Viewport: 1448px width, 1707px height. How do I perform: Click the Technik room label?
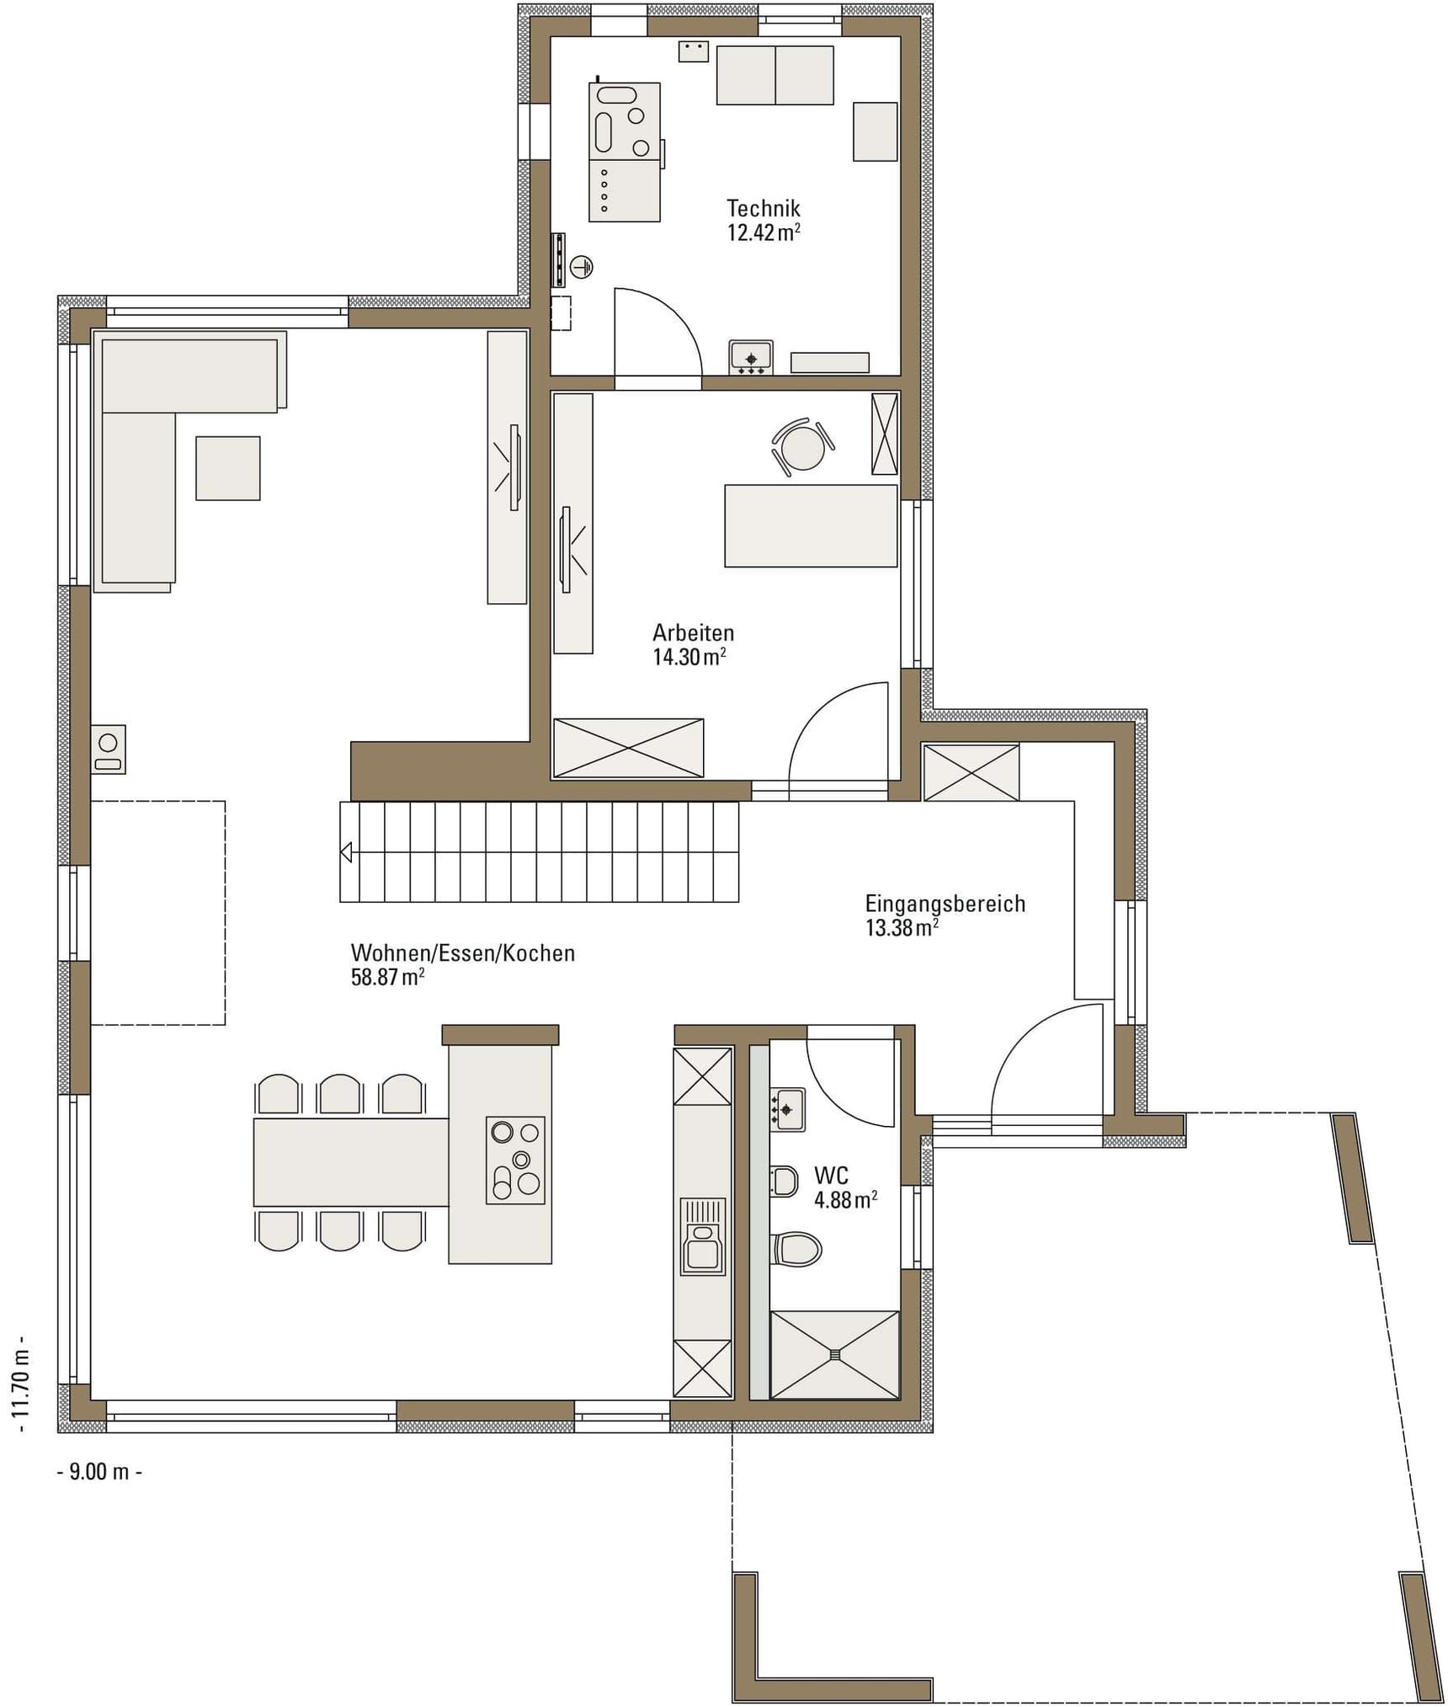763,208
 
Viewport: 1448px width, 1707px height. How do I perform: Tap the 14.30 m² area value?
689,657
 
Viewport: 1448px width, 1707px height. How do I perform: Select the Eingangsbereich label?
945,904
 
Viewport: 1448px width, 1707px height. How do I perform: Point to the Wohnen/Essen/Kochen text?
462,953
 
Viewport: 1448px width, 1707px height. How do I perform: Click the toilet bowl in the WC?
796,1249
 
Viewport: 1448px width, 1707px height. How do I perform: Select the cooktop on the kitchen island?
515,1160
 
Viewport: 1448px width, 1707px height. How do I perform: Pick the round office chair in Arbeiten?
802,448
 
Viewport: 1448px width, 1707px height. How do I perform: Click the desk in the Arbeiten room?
811,525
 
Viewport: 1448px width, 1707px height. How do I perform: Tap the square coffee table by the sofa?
228,468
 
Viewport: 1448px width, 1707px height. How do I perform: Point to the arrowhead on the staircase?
346,852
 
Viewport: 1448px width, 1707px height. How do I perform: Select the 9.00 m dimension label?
99,1471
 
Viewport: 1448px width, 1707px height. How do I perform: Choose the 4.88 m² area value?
845,1200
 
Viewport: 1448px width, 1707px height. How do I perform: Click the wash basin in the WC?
787,1109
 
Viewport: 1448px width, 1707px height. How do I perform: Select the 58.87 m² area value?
387,978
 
